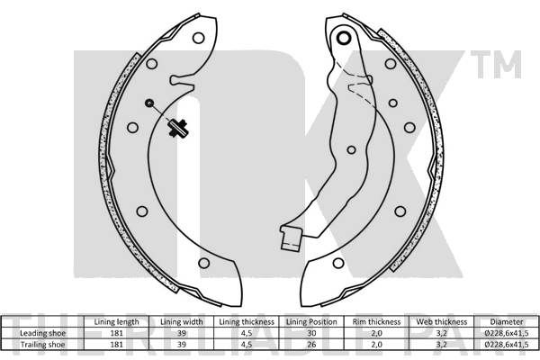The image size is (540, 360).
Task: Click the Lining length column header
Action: coord(116,322)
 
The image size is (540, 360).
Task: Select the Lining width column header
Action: coord(182,322)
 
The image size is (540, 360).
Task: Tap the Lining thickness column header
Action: coord(247,322)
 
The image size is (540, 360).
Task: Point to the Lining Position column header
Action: coord(311,322)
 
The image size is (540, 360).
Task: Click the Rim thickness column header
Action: coord(376,322)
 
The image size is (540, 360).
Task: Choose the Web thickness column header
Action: coord(442,322)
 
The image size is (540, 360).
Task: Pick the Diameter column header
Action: coord(507,322)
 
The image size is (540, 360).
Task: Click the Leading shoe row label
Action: coord(42,333)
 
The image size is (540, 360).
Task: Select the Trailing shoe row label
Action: coord(42,345)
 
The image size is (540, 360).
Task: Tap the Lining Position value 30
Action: coord(311,333)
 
